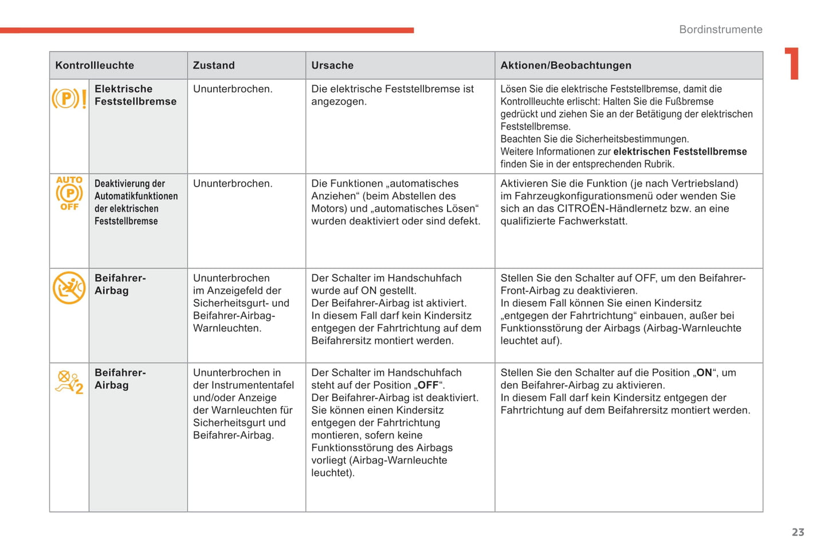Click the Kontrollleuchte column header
(x=95, y=65)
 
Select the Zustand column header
(x=214, y=65)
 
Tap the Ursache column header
(x=332, y=65)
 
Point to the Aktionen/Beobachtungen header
(x=566, y=65)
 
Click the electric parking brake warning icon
(x=69, y=99)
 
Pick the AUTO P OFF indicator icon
(x=69, y=194)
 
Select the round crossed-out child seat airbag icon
(x=69, y=287)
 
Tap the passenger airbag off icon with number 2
(x=69, y=383)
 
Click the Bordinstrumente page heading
(x=720, y=29)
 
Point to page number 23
(x=798, y=532)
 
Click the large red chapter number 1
(x=792, y=64)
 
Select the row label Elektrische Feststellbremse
(x=135, y=95)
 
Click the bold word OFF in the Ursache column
(x=428, y=385)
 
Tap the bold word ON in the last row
(x=704, y=373)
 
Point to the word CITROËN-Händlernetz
(x=624, y=208)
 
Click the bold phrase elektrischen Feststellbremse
(x=680, y=152)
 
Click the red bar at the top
(x=206, y=30)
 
